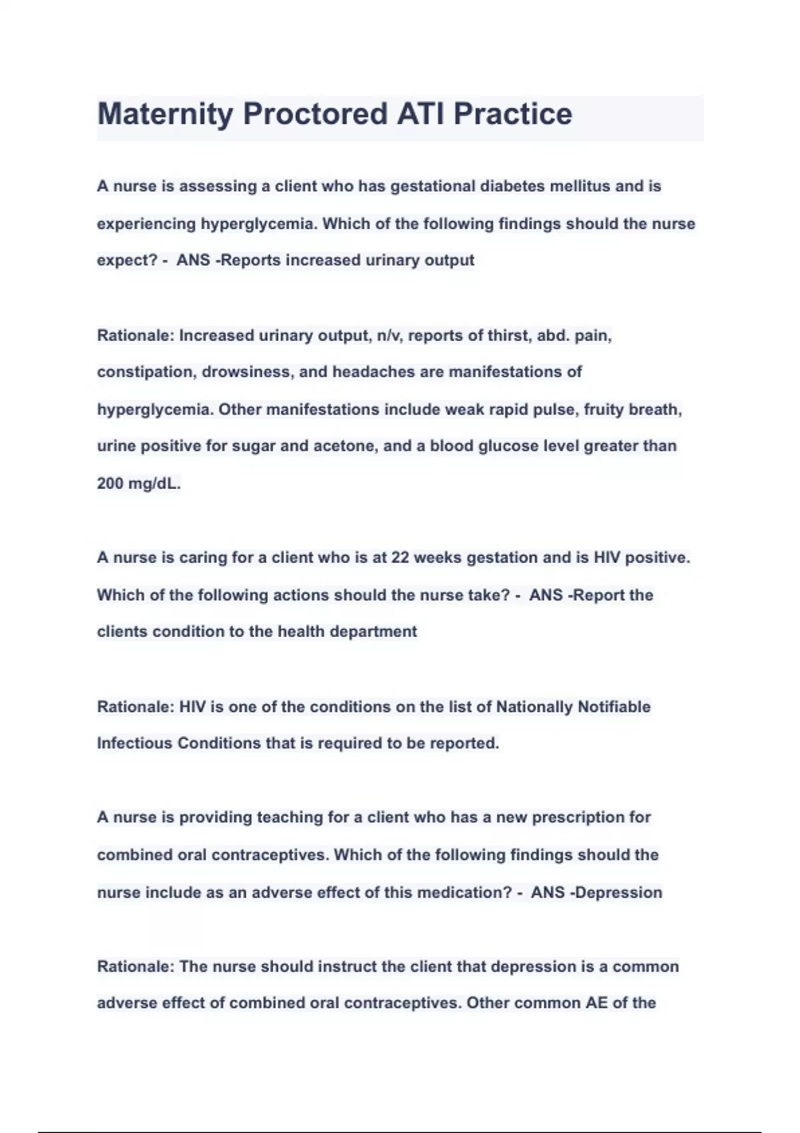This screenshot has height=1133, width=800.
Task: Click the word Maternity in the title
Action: (164, 115)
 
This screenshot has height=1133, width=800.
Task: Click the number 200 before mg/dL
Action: (110, 483)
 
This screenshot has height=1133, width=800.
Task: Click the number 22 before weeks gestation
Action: (400, 557)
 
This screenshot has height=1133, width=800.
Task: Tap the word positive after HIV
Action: (657, 557)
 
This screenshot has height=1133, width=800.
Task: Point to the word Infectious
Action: (135, 743)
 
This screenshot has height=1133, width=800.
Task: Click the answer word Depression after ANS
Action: (619, 892)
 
